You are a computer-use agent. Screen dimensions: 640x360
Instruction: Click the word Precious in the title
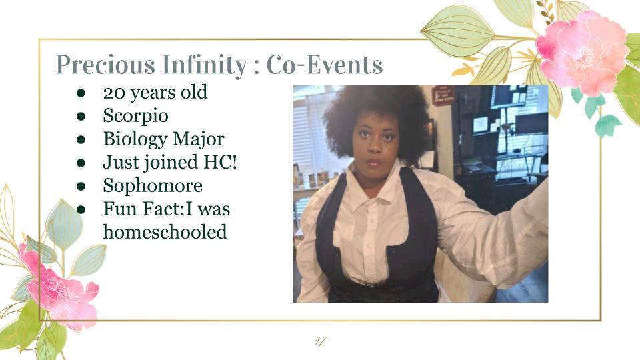(x=105, y=65)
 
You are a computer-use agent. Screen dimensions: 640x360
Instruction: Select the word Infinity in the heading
(x=205, y=65)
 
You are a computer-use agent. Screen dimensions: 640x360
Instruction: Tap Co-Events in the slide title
(x=325, y=65)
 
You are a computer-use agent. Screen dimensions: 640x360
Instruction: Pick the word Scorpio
(x=135, y=116)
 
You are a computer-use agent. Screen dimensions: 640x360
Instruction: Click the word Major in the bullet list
(x=199, y=139)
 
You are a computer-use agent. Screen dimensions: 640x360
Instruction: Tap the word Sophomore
(x=153, y=186)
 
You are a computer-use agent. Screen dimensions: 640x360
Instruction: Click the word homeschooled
(x=165, y=232)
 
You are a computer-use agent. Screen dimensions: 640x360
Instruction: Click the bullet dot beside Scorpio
(x=81, y=116)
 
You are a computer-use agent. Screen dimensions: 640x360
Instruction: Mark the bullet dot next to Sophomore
(x=81, y=187)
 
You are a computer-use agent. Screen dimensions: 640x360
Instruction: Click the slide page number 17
(x=321, y=341)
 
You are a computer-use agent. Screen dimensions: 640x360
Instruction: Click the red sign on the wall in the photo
(x=443, y=95)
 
